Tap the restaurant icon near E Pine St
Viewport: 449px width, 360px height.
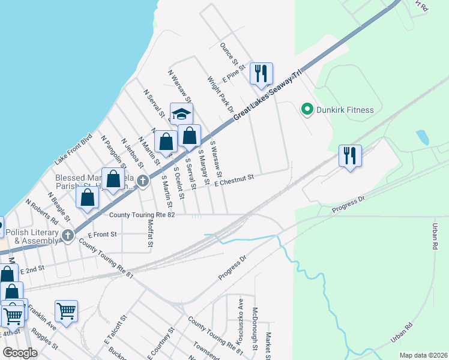pyautogui.click(x=261, y=73)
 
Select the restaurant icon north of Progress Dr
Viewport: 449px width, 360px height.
pyautogui.click(x=349, y=155)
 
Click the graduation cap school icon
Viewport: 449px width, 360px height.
pyautogui.click(x=182, y=113)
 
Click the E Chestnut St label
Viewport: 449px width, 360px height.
pyautogui.click(x=235, y=179)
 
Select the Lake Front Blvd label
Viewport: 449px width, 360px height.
pyautogui.click(x=74, y=149)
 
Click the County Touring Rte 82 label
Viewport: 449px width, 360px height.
pyautogui.click(x=142, y=215)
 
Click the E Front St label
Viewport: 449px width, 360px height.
pyautogui.click(x=102, y=234)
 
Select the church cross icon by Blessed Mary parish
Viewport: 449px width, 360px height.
pyautogui.click(x=143, y=181)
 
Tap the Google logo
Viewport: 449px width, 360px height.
pyautogui.click(x=20, y=353)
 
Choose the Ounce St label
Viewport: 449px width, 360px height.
pyautogui.click(x=229, y=54)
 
